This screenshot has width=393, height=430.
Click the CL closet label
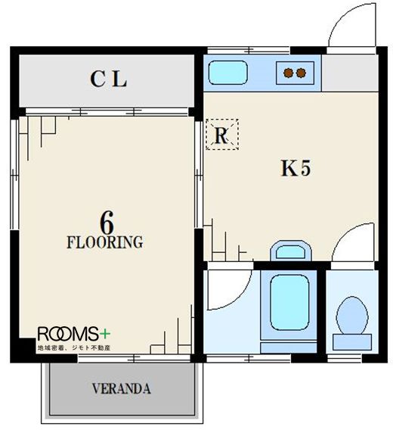pyautogui.click(x=108, y=79)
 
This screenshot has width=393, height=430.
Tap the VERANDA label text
pyautogui.click(x=121, y=388)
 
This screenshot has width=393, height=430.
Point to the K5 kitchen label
pyautogui.click(x=296, y=168)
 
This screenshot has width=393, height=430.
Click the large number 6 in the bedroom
pyautogui.click(x=107, y=223)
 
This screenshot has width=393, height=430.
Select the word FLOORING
pyautogui.click(x=105, y=242)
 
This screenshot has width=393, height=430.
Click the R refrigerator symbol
pyautogui.click(x=222, y=135)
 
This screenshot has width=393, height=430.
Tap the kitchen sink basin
pyautogui.click(x=227, y=73)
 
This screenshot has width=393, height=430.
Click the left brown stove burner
pyautogui.click(x=288, y=73)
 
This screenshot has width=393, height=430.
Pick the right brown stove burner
pyautogui.click(x=301, y=73)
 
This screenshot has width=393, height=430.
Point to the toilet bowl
pyautogui.click(x=352, y=316)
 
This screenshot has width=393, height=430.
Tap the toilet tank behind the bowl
pyautogui.click(x=352, y=341)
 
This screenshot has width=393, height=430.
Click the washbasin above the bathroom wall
pyautogui.click(x=291, y=251)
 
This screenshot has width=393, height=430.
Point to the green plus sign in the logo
pyautogui.click(x=104, y=334)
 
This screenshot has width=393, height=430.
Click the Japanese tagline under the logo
pyautogui.click(x=73, y=347)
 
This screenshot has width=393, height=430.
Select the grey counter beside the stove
pyautogui.click(x=350, y=73)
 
